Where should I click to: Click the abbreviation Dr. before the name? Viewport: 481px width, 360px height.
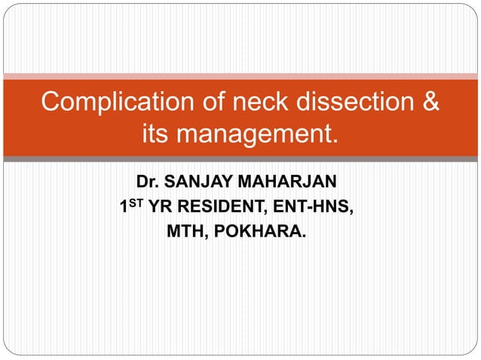click(x=147, y=182)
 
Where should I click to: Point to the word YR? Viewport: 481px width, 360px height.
click(x=160, y=206)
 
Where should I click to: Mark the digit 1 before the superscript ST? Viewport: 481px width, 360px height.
click(x=126, y=206)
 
